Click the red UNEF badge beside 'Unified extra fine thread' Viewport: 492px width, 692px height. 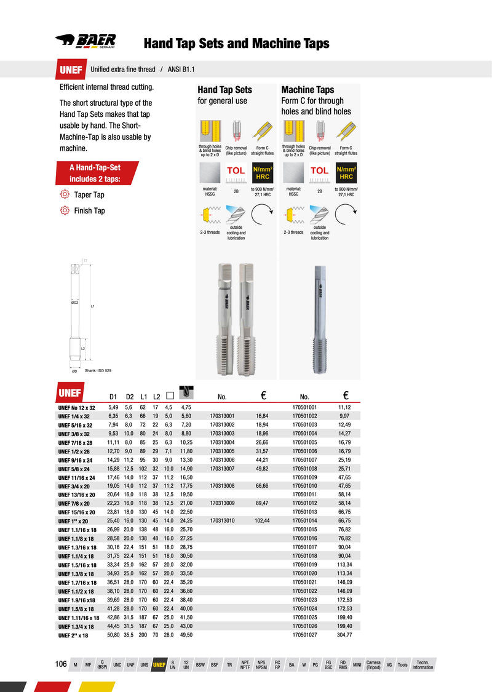71,70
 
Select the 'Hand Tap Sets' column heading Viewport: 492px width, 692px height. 224,90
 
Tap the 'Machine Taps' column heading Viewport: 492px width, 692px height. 307,90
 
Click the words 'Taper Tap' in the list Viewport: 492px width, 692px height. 90,195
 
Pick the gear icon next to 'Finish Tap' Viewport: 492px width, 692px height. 64,210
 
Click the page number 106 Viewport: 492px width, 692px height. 61,664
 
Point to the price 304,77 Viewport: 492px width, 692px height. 344,634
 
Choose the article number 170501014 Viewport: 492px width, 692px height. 304,521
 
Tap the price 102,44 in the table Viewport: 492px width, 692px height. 262,521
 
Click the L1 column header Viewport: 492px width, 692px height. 143,396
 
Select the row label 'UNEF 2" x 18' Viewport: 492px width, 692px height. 74,634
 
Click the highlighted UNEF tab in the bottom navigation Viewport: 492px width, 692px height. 159,665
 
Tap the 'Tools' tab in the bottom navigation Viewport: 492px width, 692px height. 402,665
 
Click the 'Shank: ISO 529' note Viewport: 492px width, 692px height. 98,371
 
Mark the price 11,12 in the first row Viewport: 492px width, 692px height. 344,407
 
